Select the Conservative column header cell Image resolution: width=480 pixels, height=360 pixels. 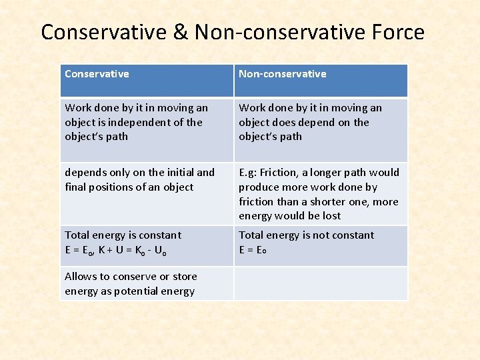coord(147,80)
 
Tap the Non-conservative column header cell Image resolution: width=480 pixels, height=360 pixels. coord(321,80)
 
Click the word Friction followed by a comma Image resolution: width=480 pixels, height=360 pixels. coord(283,173)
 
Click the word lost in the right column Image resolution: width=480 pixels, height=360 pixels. coord(331,216)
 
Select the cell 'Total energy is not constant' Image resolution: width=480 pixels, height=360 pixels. coord(321,245)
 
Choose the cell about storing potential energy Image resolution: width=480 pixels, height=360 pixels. coord(147,283)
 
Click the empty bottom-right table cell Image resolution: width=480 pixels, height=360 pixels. coord(321,283)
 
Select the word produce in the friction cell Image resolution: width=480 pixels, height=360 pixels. coord(259,187)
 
